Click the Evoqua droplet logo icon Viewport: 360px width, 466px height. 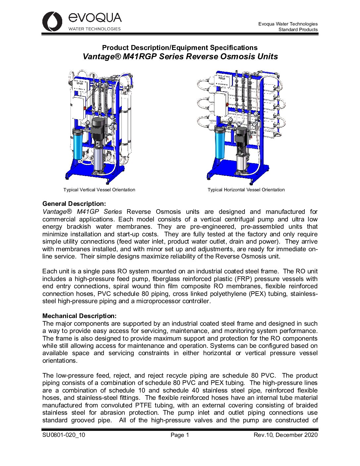click(52, 22)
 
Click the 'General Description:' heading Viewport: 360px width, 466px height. click(74, 204)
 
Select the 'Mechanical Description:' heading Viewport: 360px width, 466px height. click(79, 316)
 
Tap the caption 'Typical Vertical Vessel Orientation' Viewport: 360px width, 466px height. click(99, 190)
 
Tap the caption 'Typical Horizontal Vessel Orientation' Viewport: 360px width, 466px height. click(246, 190)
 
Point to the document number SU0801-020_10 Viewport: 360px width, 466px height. click(64, 435)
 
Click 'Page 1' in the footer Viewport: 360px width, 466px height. click(180, 435)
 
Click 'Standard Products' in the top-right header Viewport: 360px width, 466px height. click(298, 29)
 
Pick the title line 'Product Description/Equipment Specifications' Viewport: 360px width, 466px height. click(180, 48)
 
